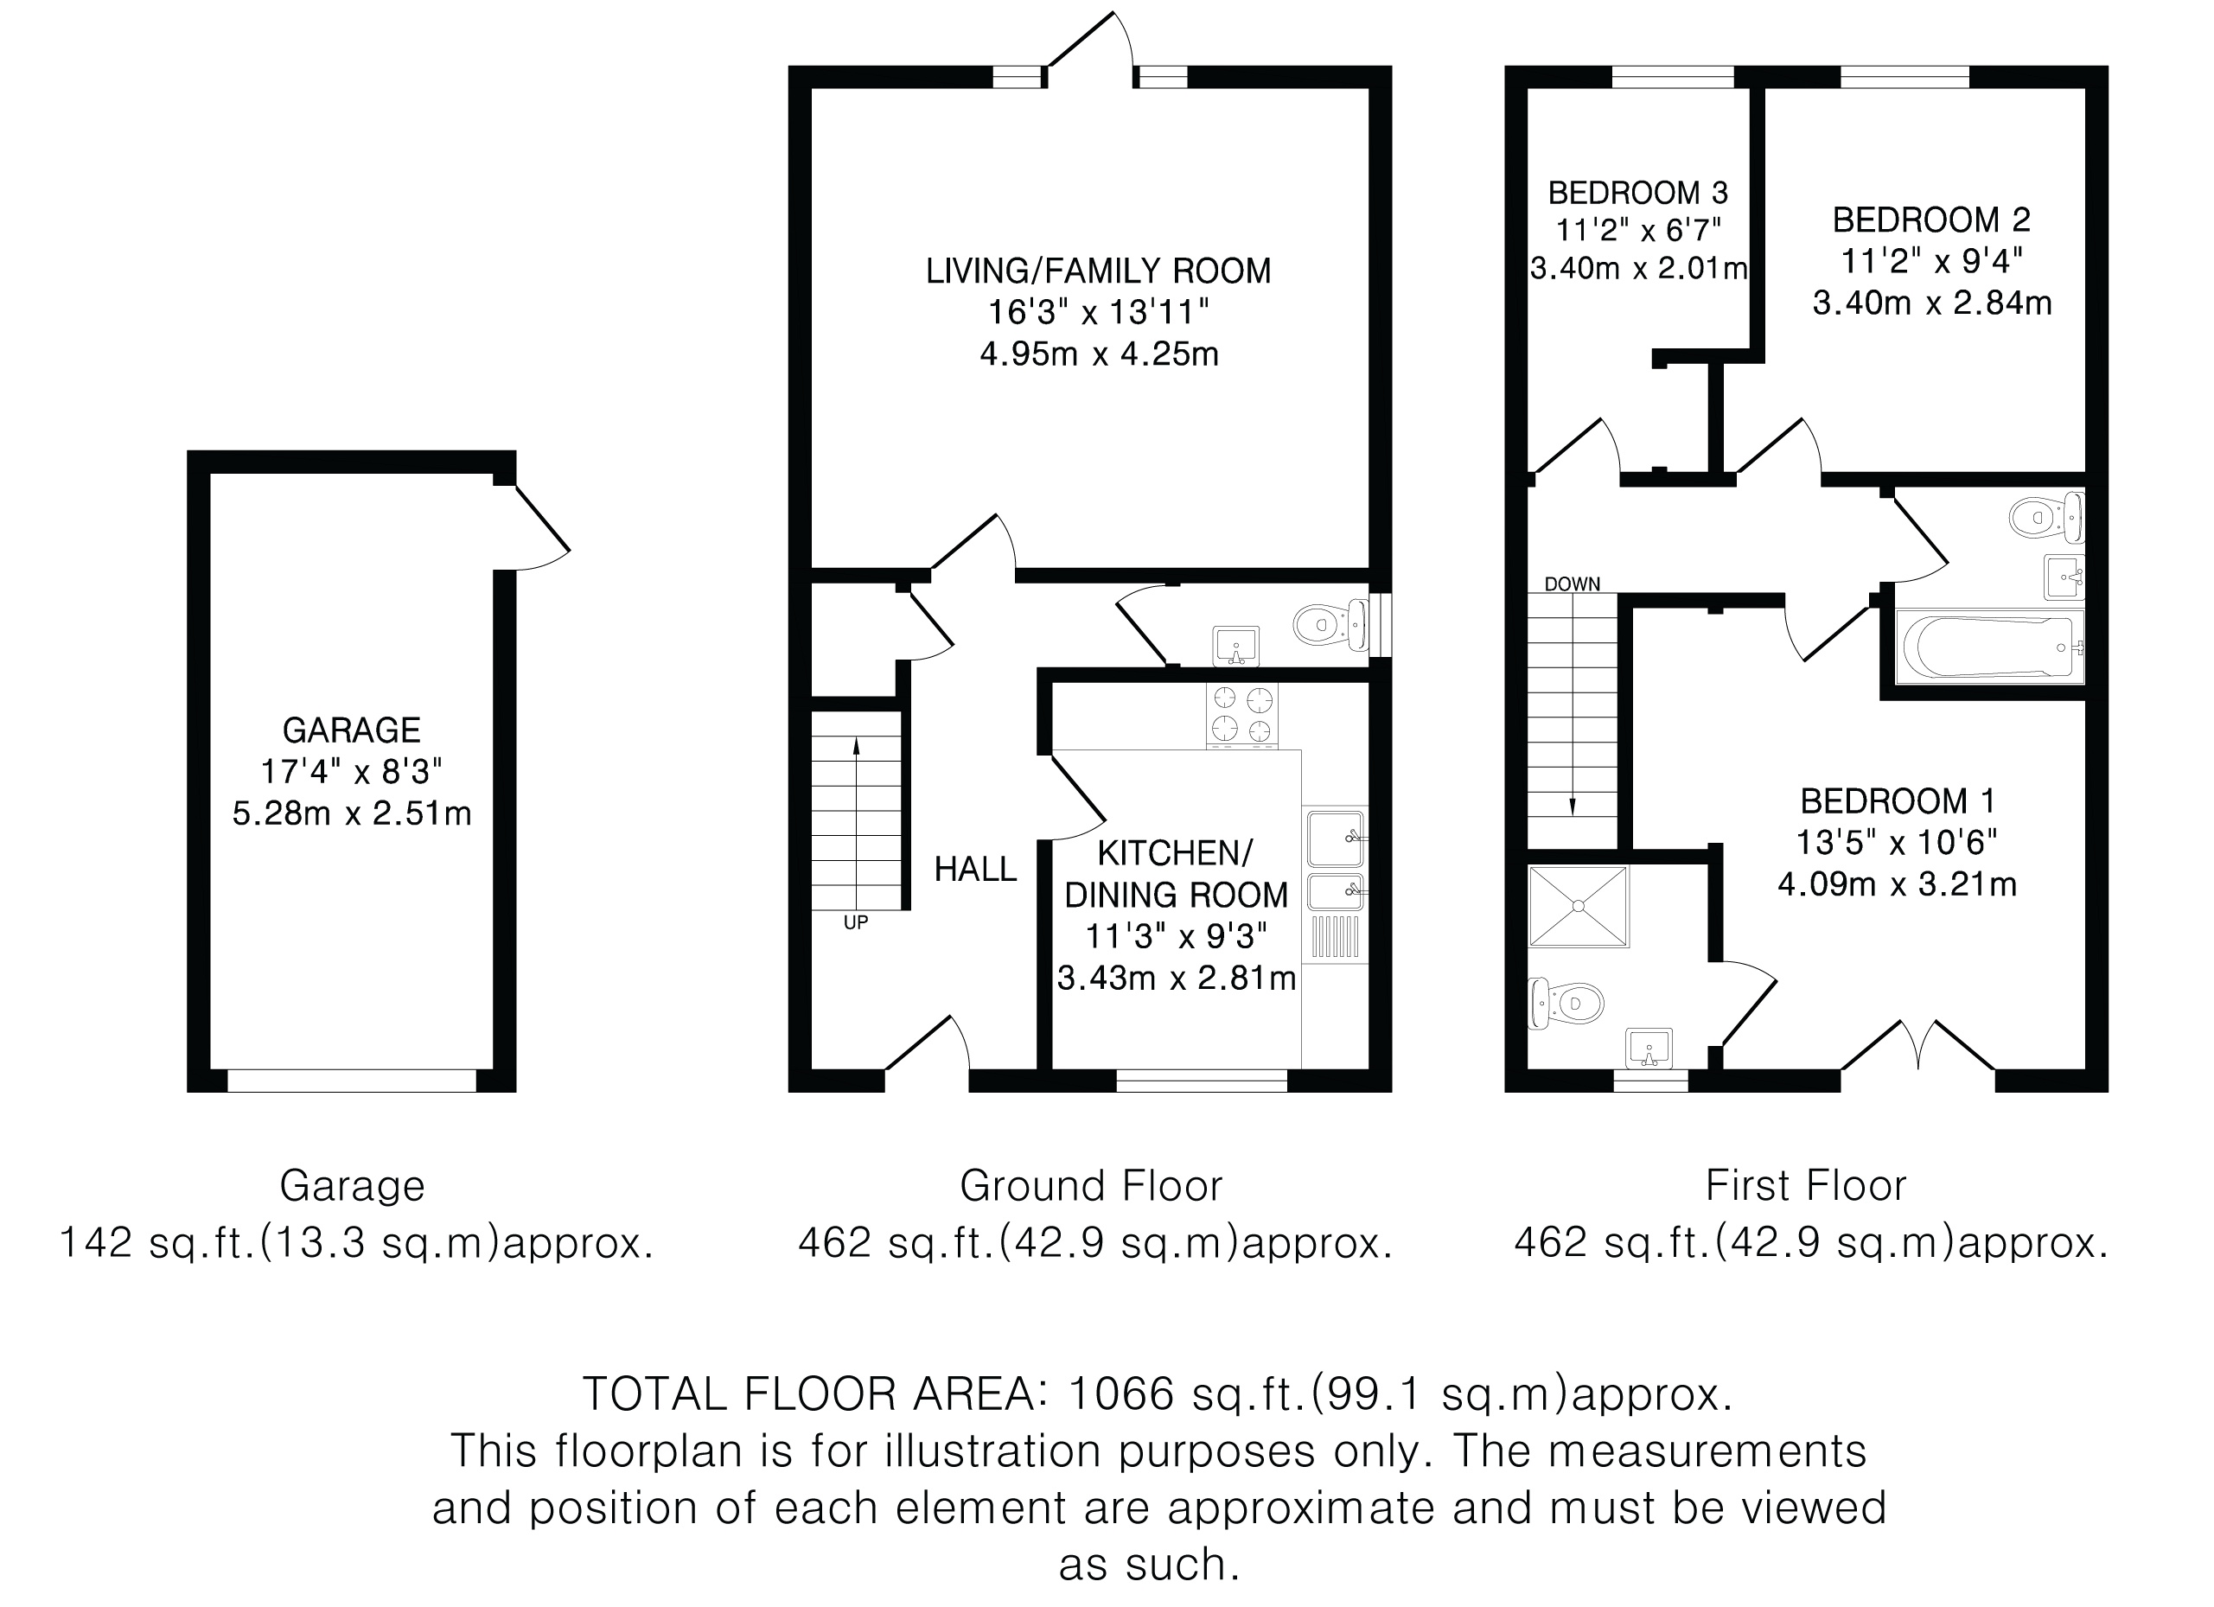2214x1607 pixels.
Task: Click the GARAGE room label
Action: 352,730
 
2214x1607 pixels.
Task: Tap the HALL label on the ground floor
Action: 975,869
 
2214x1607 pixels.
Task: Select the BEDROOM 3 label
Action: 1638,191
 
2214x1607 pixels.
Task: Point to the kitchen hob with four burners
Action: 1241,715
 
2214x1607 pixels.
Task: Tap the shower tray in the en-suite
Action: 1579,906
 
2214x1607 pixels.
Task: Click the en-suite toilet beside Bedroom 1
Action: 1566,1002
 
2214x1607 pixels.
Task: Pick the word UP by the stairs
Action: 855,922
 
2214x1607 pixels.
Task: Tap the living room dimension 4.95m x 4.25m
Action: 1099,354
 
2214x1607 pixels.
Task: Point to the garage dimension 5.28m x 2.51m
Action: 352,813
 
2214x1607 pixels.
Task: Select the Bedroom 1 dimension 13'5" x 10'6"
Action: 1897,842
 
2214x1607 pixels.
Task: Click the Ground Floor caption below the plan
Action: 1090,1186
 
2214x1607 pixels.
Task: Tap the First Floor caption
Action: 1806,1186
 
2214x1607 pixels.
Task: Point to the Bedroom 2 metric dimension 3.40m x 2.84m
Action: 1932,303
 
